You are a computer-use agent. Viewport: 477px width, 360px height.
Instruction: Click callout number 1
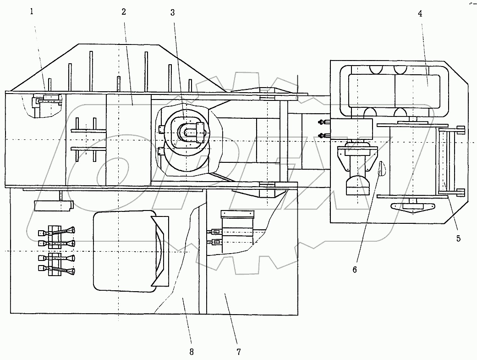pos(32,12)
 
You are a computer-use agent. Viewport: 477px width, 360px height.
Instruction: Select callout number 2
pos(124,12)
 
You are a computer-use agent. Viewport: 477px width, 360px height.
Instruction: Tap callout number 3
pos(172,12)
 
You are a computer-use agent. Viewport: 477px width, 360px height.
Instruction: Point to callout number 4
pos(420,13)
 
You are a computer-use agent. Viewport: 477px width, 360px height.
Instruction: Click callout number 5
pos(458,238)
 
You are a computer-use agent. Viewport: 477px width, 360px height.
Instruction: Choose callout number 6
pos(354,270)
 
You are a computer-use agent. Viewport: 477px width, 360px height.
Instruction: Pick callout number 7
pos(238,352)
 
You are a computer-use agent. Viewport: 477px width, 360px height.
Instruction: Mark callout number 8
pos(191,352)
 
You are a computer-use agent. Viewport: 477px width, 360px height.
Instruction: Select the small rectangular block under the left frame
pos(53,205)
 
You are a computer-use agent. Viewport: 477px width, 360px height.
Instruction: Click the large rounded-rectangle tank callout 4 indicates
pos(395,87)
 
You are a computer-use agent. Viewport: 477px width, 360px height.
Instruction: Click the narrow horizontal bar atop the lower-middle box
pos(237,214)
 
